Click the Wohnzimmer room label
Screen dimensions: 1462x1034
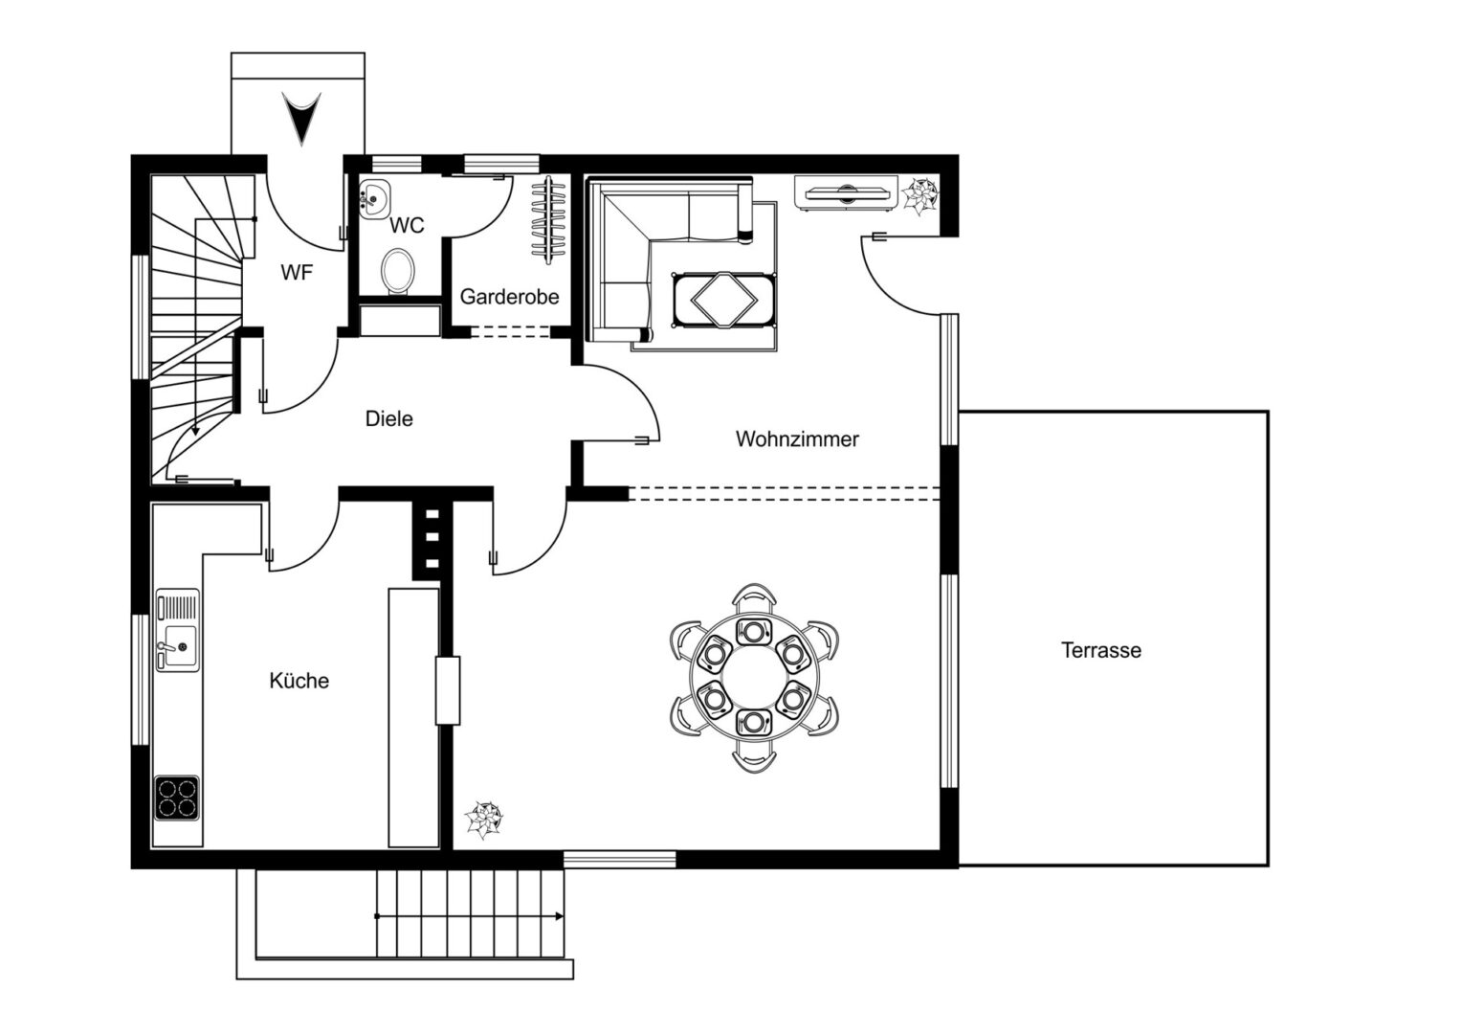click(797, 439)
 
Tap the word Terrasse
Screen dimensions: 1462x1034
click(1101, 651)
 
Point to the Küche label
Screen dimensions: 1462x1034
click(299, 681)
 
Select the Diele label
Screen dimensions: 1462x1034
click(389, 418)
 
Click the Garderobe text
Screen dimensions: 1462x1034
click(510, 297)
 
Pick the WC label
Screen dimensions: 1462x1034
click(407, 225)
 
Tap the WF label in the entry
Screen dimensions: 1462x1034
click(297, 272)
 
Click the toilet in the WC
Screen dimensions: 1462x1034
click(398, 272)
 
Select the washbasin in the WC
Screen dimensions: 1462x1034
click(374, 198)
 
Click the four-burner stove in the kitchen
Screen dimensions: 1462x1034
click(177, 798)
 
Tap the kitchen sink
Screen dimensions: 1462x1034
click(178, 630)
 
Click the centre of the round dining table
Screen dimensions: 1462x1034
click(754, 677)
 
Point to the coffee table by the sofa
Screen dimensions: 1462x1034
click(723, 300)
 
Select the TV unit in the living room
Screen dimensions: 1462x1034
click(846, 192)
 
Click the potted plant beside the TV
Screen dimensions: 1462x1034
click(921, 195)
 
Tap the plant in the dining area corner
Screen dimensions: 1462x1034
click(483, 820)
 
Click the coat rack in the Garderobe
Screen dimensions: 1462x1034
click(548, 220)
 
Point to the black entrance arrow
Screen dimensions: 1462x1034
click(301, 118)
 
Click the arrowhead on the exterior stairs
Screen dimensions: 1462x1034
click(559, 916)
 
